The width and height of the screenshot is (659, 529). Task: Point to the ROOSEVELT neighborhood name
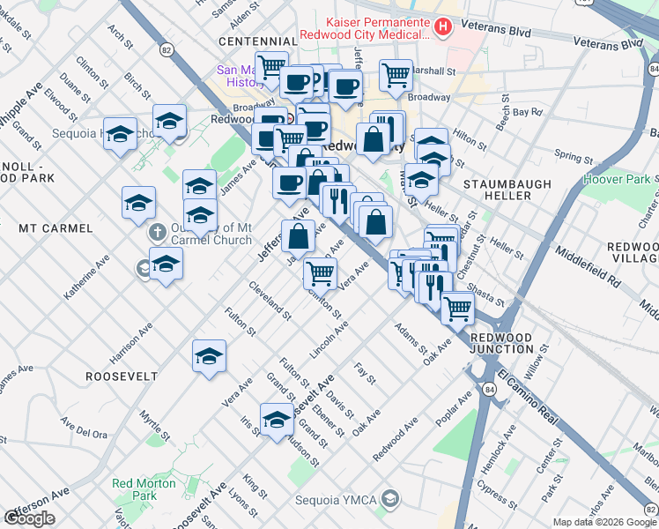click(122, 376)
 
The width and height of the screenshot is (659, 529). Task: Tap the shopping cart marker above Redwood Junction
click(457, 307)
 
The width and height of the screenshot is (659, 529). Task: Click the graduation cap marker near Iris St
click(277, 419)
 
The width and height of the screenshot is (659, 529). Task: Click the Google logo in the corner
click(29, 518)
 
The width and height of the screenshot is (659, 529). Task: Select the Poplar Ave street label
click(453, 414)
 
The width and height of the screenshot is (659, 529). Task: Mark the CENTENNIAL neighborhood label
click(257, 41)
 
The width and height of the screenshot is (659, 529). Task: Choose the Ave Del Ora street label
click(83, 434)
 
